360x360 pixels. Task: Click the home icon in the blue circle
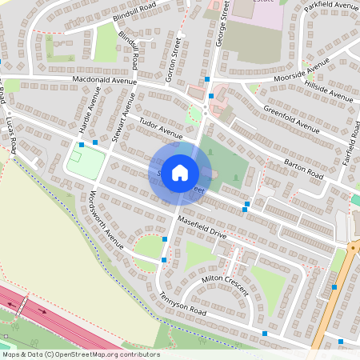pos(180,171)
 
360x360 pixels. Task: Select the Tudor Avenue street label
pos(161,126)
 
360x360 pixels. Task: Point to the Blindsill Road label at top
pos(135,14)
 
